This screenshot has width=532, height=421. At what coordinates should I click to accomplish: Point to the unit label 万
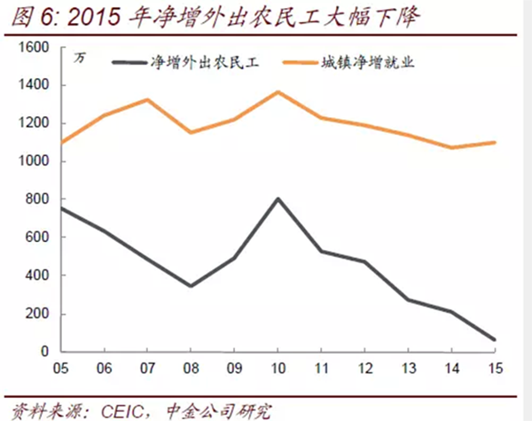(x=81, y=58)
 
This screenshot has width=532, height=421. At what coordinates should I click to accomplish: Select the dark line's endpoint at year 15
(x=494, y=339)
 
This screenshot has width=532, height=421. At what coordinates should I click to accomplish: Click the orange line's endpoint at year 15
(x=494, y=143)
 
